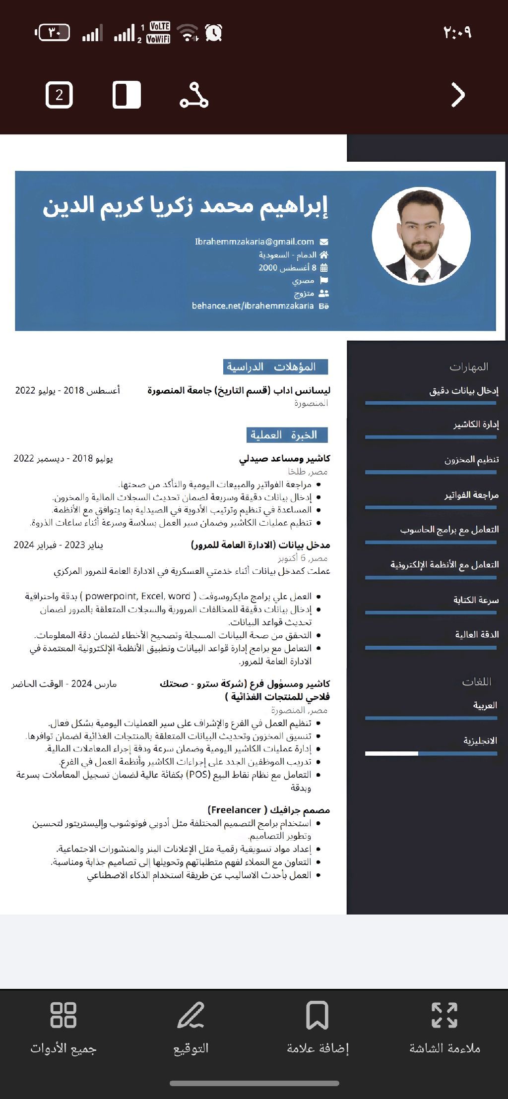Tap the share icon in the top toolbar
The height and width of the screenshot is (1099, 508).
pyautogui.click(x=193, y=95)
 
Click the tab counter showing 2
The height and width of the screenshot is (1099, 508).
pyautogui.click(x=60, y=95)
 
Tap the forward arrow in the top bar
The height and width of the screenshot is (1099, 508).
pyautogui.click(x=457, y=95)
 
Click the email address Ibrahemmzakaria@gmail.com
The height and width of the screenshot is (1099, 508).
pyautogui.click(x=254, y=242)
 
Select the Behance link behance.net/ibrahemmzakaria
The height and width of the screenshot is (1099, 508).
pyautogui.click(x=253, y=306)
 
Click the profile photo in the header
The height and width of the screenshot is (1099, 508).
pyautogui.click(x=421, y=236)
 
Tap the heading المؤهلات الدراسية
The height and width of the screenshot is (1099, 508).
pyautogui.click(x=275, y=367)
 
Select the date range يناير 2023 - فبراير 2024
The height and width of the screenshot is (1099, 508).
pyautogui.click(x=59, y=545)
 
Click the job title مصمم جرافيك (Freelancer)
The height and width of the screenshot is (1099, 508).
pyautogui.click(x=268, y=810)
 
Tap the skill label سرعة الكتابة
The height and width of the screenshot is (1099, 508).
pyautogui.click(x=476, y=600)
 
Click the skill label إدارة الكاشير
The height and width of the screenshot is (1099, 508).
pyautogui.click(x=476, y=425)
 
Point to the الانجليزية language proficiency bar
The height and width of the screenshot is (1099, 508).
pyautogui.click(x=431, y=753)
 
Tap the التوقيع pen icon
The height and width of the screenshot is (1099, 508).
pyautogui.click(x=190, y=1015)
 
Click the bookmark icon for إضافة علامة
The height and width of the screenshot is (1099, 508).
pyautogui.click(x=317, y=1015)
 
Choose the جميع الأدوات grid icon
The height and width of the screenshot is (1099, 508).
pyautogui.click(x=63, y=1015)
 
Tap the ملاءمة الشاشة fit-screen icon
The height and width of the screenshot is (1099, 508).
pyautogui.click(x=444, y=1015)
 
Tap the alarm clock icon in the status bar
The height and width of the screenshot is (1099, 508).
pyautogui.click(x=214, y=33)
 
